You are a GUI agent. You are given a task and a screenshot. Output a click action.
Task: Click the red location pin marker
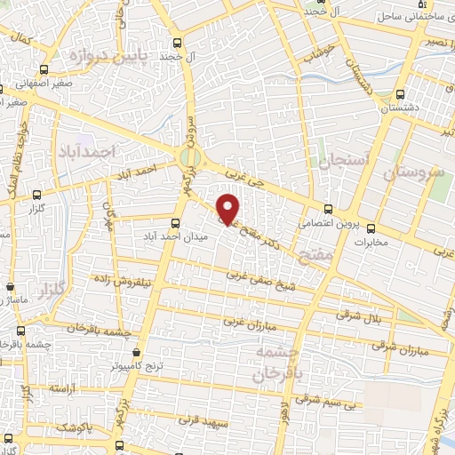coord(229,209)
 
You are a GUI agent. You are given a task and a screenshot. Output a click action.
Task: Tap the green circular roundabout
coord(189,157)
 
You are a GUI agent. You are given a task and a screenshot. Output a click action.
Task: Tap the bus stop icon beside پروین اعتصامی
coord(328,209)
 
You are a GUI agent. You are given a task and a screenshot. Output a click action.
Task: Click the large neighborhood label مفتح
coord(315,256)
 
